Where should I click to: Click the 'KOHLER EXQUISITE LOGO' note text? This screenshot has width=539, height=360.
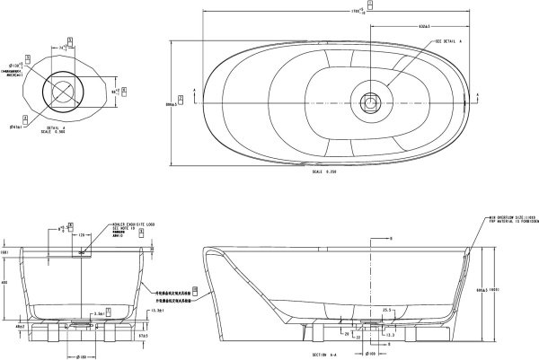[129, 225]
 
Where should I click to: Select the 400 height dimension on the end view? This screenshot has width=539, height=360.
[5, 283]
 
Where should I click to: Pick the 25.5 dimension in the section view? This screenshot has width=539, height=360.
[386, 311]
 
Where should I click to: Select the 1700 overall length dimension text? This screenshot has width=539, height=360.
[357, 12]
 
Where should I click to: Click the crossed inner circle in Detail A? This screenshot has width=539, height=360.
[64, 90]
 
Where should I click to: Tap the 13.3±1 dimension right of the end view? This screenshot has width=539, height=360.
[158, 311]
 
